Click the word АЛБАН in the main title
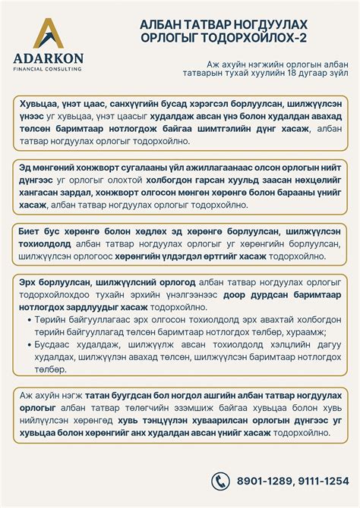coord(163,25)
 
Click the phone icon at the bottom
coord(220,479)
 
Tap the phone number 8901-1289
coord(261,480)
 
